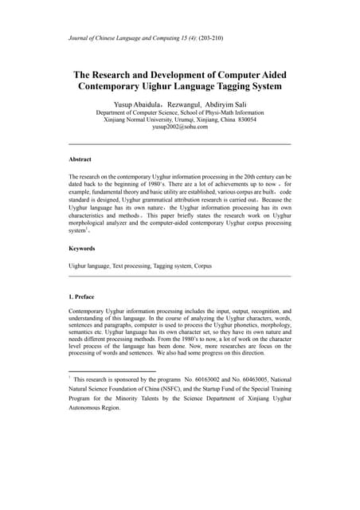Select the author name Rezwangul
point(186,104)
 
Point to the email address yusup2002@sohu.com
point(179,127)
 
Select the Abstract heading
point(80,159)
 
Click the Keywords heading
point(83,249)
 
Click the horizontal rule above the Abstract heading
point(180,144)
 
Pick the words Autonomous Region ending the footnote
point(95,407)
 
